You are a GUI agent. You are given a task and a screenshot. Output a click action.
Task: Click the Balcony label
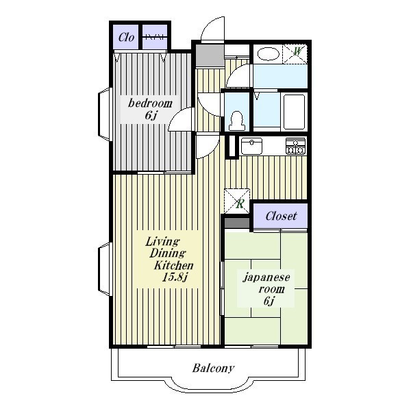(x=213, y=369)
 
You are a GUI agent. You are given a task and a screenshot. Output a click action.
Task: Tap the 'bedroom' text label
(x=150, y=103)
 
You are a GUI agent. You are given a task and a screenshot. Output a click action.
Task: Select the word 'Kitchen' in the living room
(x=174, y=265)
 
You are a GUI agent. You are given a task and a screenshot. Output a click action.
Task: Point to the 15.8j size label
(x=175, y=277)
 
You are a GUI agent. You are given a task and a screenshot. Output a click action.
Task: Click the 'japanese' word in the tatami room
(x=266, y=278)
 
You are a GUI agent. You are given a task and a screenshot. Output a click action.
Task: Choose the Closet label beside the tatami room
(x=281, y=216)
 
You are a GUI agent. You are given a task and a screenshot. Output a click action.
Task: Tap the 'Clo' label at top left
(x=126, y=37)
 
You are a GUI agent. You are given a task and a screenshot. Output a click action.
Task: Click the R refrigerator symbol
(x=237, y=201)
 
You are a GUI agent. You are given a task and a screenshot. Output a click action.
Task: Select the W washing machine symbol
(x=295, y=53)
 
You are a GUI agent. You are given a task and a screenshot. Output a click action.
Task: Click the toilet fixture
(x=237, y=121)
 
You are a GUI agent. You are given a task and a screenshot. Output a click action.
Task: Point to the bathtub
(x=294, y=112)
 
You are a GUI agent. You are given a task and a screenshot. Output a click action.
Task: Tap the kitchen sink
(x=251, y=146)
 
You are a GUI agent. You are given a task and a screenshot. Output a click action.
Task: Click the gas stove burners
(x=295, y=147)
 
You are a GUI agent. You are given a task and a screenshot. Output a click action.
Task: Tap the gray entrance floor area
(x=210, y=55)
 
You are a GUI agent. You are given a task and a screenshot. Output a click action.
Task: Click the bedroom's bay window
(x=105, y=114)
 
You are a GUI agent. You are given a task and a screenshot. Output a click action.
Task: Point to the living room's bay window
(x=105, y=269)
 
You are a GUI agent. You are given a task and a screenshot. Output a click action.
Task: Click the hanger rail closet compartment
(x=155, y=37)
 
